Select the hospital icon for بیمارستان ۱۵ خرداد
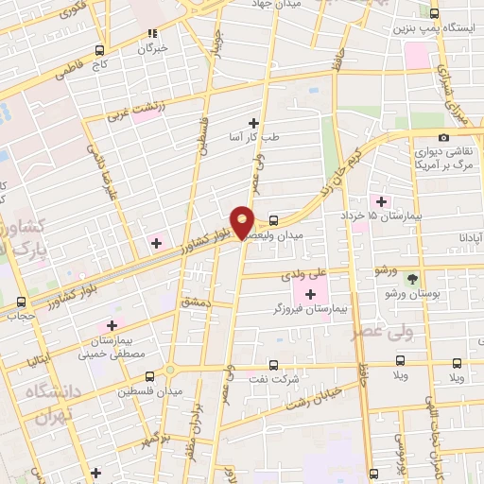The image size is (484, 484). (382, 200)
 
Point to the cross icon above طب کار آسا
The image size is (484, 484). (253, 123)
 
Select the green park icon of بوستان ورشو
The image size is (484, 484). (412, 279)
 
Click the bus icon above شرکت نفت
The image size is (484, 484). (273, 364)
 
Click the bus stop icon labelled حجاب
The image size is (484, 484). (22, 303)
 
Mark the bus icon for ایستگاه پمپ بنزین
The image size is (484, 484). (435, 13)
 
